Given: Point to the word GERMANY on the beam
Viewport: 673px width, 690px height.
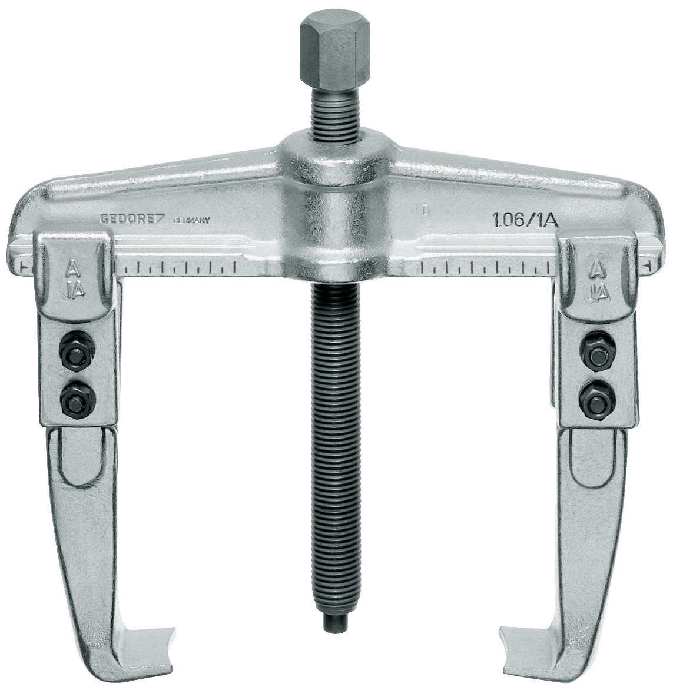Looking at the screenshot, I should (x=191, y=221).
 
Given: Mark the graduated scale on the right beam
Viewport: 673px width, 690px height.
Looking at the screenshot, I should (x=489, y=268).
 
